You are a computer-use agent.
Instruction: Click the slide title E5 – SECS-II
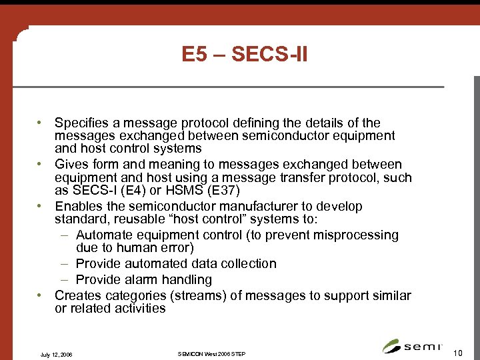[x=245, y=54]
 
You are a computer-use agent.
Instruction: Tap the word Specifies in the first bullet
[x=81, y=123]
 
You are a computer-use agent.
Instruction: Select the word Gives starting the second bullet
[x=72, y=165]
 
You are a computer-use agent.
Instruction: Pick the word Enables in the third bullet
[x=79, y=207]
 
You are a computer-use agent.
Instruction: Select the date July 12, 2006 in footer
[x=57, y=353]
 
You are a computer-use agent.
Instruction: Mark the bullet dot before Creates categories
[x=41, y=295]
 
